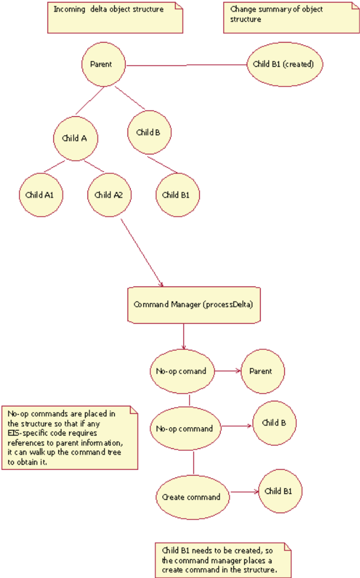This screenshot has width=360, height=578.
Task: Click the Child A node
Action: click(x=75, y=139)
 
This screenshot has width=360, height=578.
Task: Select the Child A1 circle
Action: click(x=40, y=195)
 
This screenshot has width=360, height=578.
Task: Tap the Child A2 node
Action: click(x=109, y=195)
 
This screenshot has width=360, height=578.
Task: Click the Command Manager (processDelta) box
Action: click(x=193, y=305)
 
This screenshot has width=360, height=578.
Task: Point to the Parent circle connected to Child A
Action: click(x=103, y=64)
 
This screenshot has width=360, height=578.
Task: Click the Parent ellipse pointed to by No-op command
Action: click(x=261, y=371)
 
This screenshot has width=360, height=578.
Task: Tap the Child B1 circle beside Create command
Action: click(x=278, y=491)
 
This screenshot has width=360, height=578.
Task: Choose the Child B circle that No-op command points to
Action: click(x=274, y=423)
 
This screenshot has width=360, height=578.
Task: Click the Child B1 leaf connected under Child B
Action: click(x=178, y=195)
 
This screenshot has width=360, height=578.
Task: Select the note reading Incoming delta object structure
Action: click(x=115, y=17)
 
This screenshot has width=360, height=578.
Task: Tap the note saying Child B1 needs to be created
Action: click(x=223, y=560)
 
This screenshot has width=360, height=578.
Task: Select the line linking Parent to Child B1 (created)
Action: click(x=186, y=65)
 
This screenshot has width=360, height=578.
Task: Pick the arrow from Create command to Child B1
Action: click(x=244, y=492)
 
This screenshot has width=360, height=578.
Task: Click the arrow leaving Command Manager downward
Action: click(x=183, y=337)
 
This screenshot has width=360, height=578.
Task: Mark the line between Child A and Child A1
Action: click(x=54, y=166)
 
